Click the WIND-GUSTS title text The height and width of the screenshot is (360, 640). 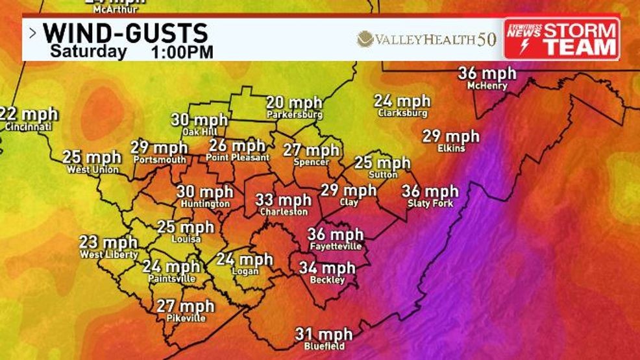(x=125, y=32)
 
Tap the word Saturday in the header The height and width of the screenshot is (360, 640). (x=88, y=51)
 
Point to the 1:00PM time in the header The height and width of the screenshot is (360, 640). (x=182, y=51)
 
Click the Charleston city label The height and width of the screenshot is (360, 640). (x=284, y=212)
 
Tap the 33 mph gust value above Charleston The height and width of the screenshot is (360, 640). (x=284, y=200)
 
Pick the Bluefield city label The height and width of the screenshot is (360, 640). (x=323, y=346)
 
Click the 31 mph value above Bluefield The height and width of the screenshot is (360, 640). (x=323, y=335)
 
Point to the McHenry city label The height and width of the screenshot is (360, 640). (x=487, y=85)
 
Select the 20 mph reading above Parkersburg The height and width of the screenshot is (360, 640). (x=294, y=103)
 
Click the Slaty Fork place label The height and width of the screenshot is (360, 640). (x=430, y=204)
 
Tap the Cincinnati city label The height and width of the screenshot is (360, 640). (x=28, y=127)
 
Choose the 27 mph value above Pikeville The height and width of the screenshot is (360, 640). (x=185, y=306)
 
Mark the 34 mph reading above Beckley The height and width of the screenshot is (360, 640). (x=327, y=268)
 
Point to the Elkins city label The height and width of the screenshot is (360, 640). (x=451, y=149)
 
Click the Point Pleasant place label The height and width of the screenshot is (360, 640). (x=237, y=158)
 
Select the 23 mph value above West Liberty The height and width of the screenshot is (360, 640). (x=108, y=243)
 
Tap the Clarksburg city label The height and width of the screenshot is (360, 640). (x=402, y=113)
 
